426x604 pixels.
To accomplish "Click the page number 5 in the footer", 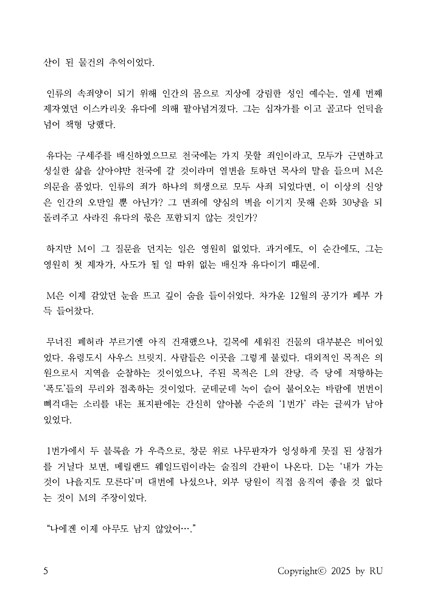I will tap(46, 571).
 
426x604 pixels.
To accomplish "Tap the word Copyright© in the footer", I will tap(302, 571).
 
